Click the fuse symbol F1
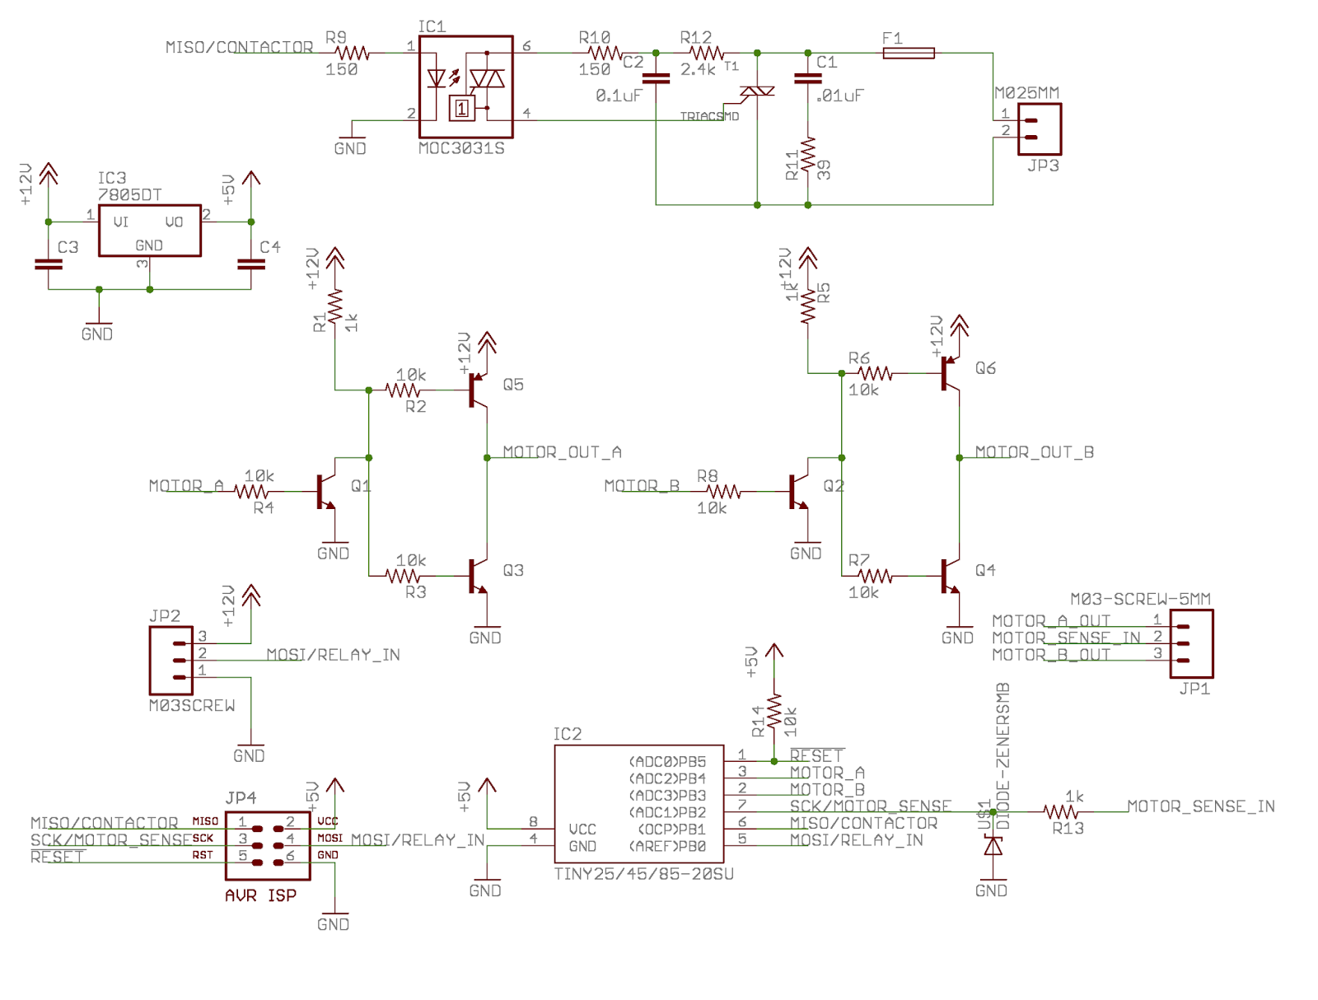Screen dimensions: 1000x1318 coord(908,53)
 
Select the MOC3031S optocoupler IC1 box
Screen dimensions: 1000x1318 coord(465,86)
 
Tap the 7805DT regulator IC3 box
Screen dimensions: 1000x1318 coord(149,231)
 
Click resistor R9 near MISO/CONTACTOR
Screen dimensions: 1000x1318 coord(352,53)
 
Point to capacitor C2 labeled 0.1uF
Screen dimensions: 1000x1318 coord(656,79)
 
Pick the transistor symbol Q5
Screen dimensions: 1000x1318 coord(477,390)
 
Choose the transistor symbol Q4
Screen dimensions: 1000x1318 coord(949,577)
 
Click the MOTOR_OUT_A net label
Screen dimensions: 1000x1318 coord(562,452)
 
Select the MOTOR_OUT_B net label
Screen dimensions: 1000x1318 coord(1034,452)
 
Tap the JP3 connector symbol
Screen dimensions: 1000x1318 coord(1039,129)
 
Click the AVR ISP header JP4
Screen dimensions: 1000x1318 coord(268,845)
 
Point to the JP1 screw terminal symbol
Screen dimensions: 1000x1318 coord(1191,643)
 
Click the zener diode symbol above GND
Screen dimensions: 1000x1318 coord(993,846)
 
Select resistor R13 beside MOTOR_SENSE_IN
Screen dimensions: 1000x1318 coord(1061,812)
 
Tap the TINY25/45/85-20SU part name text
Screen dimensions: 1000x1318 coord(643,874)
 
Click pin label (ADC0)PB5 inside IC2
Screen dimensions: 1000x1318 coord(667,762)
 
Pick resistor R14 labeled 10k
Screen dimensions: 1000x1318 coord(774,713)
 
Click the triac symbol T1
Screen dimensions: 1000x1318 coord(756,92)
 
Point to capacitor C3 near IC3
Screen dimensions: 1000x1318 coord(49,264)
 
